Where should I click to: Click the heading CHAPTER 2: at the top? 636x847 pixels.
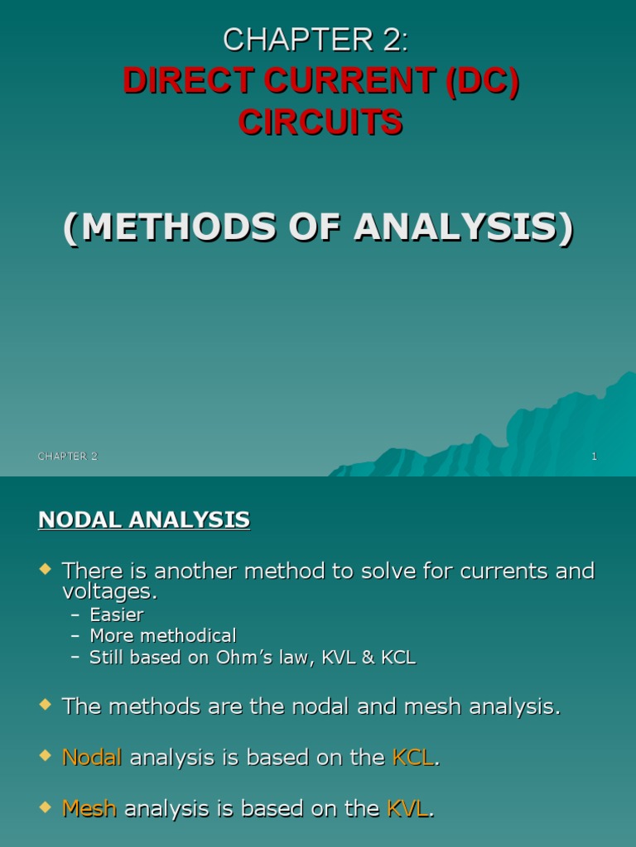(x=316, y=40)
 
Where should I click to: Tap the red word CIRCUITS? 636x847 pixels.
(x=320, y=122)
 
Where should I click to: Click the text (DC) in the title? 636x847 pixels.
(x=481, y=82)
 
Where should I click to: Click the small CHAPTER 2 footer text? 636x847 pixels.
(x=67, y=457)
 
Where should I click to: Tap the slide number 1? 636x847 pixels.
(x=594, y=457)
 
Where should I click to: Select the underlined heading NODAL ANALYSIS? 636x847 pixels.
(x=144, y=519)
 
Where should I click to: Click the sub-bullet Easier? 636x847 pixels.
(x=116, y=615)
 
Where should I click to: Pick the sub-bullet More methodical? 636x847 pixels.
(x=162, y=636)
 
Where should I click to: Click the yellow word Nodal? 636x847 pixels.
(x=92, y=758)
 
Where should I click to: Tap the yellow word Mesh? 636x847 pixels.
(x=89, y=809)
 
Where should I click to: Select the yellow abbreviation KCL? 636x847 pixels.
(x=412, y=758)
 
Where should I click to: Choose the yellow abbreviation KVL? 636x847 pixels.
(x=407, y=809)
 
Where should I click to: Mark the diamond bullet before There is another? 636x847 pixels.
(x=46, y=569)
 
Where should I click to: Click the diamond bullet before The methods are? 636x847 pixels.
(x=46, y=706)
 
